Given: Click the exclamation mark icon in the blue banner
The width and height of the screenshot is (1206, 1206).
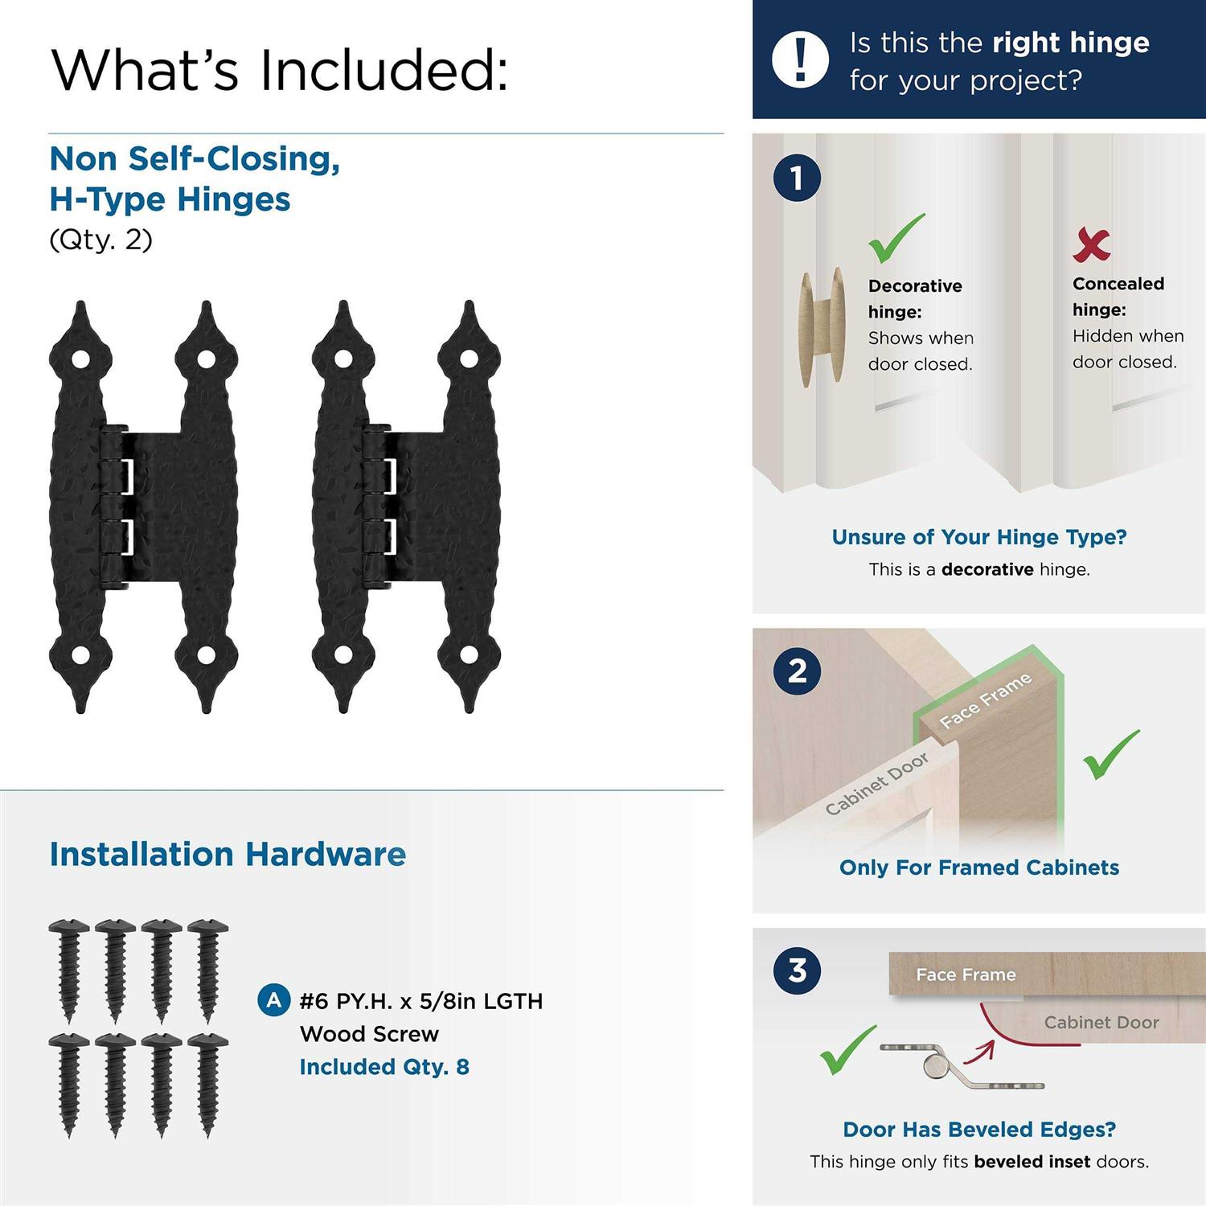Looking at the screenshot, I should point(799,59).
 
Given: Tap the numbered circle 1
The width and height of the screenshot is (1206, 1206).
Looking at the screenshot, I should point(797,178).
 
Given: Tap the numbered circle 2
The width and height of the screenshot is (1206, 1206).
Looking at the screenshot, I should point(797,671).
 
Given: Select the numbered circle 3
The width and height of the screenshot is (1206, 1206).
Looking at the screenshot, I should point(797,970).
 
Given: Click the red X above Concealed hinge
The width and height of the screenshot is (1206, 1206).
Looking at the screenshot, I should point(1091,244).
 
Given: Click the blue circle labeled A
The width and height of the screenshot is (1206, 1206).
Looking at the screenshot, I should point(273,1000).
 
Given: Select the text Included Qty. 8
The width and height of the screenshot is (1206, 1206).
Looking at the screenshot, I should point(384,1067).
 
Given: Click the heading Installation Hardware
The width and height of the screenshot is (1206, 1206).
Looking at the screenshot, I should point(228,854).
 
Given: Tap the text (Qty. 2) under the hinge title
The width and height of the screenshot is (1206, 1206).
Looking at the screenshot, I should point(100,240).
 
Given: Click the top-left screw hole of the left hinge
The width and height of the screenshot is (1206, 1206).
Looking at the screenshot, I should point(80,358).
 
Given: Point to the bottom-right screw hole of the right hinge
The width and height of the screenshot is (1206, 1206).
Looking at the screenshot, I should point(469,655).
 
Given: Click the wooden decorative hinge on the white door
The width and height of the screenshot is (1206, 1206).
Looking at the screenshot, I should point(822,326).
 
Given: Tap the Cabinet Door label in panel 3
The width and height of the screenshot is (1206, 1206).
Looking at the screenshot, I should point(1101,1022).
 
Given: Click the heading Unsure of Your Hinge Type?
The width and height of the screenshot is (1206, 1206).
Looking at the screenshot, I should point(978,537).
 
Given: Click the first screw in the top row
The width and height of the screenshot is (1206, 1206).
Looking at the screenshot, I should point(69,969).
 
